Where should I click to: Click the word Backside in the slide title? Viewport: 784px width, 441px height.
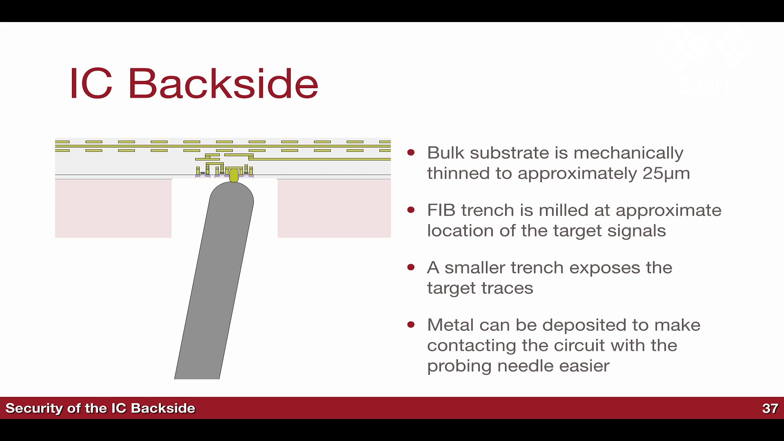223,83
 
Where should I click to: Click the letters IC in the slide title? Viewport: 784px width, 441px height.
91,83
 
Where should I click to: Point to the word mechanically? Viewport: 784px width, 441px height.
628,153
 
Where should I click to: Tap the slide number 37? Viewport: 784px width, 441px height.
770,408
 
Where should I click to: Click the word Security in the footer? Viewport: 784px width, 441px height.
34,408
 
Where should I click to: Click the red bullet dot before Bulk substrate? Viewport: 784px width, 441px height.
411,153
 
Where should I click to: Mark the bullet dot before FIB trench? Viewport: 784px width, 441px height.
411,210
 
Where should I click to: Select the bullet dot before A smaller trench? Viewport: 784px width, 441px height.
411,267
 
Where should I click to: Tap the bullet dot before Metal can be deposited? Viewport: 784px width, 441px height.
411,325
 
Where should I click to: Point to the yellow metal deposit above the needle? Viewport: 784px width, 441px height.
234,175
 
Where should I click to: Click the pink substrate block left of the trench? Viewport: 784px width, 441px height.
113,208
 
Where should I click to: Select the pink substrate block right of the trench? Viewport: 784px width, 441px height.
334,208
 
